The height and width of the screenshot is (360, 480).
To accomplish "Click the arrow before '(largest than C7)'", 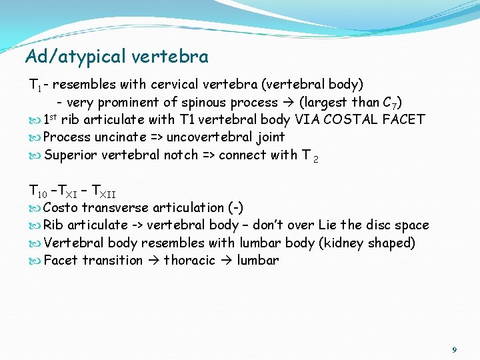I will tap(289, 103).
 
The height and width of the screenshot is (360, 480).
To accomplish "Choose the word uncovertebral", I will tap(211, 137).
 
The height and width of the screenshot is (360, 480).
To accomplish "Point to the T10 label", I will tap(38, 191).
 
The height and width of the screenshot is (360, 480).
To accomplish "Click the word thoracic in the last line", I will tap(189, 260).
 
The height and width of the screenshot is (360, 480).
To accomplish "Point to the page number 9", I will tap(454, 349).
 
